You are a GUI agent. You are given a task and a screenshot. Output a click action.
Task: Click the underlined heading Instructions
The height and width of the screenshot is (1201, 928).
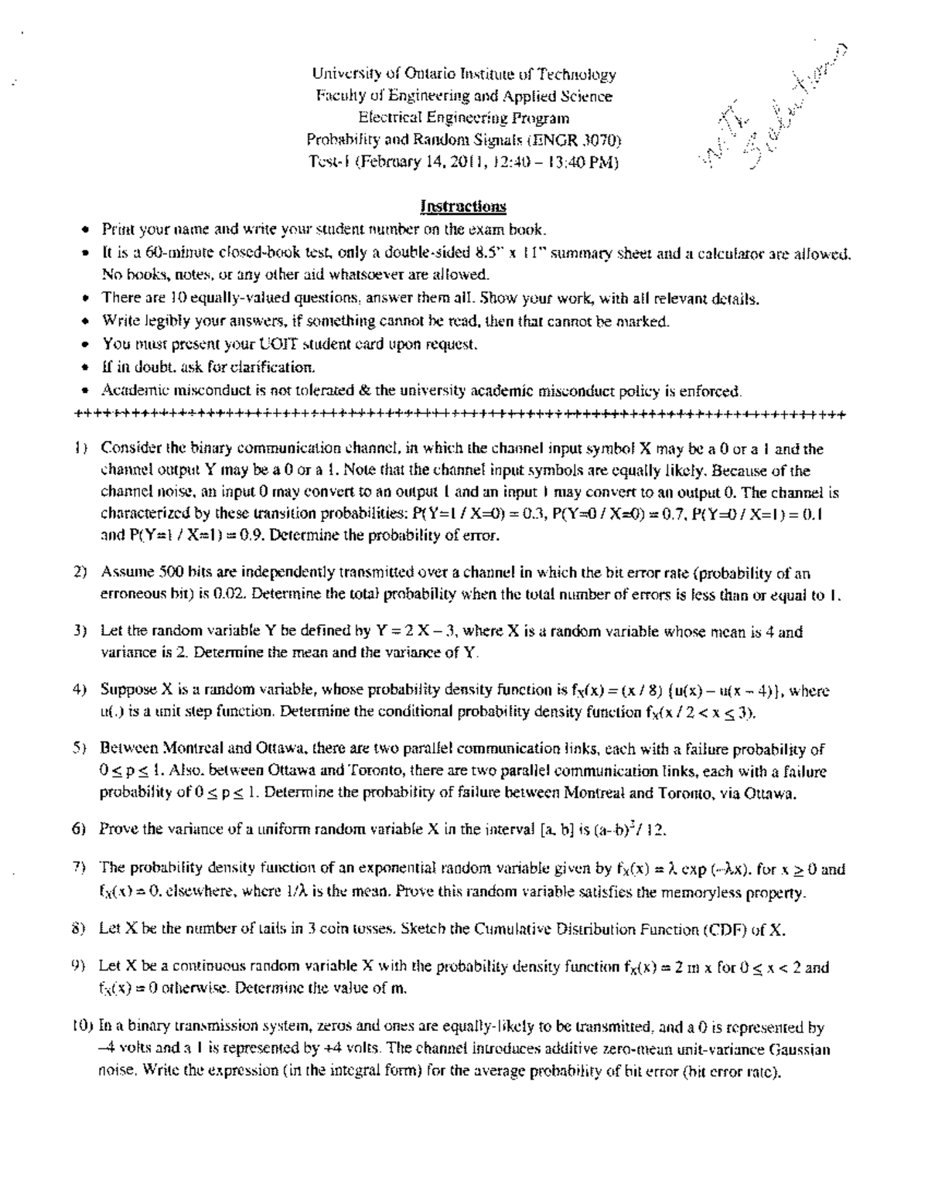point(463,206)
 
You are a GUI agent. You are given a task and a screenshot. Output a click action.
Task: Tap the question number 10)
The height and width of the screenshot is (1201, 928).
point(85,1028)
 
